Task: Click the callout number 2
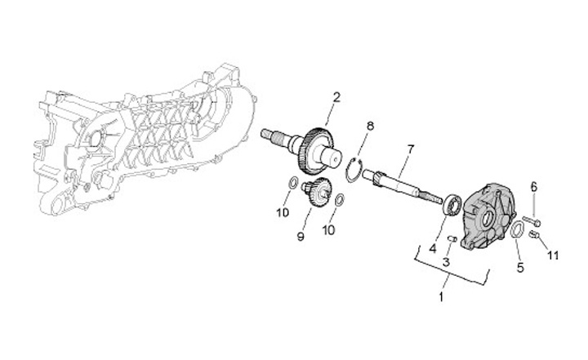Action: tap(335, 98)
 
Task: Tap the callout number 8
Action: tap(370, 127)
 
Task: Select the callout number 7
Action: tap(411, 149)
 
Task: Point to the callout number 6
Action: tap(534, 188)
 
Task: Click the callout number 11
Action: tap(553, 256)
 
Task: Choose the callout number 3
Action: tap(447, 262)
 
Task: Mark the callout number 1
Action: tap(442, 297)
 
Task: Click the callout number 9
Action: tap(301, 237)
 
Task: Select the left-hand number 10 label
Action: tap(282, 213)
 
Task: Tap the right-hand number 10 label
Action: tap(328, 230)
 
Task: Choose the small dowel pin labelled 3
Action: tap(451, 238)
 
